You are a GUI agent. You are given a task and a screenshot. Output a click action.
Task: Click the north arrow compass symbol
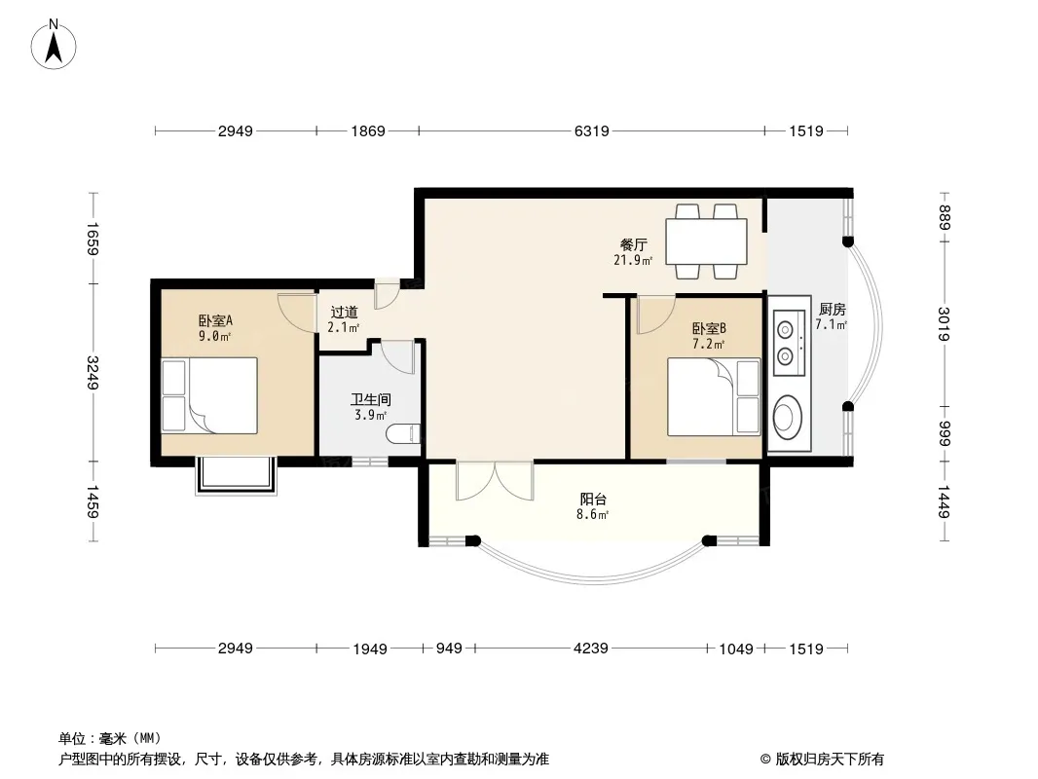click(x=54, y=45)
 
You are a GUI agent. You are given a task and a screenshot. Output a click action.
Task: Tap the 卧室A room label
click(x=215, y=321)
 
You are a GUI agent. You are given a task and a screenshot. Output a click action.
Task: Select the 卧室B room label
click(x=709, y=328)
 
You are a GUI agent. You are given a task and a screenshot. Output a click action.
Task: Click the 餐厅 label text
click(x=634, y=244)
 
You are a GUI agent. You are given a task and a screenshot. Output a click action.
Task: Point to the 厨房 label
click(x=833, y=309)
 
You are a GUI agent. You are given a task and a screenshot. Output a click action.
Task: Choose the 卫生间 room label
click(x=371, y=400)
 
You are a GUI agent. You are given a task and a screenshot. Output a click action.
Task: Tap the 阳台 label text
click(x=593, y=499)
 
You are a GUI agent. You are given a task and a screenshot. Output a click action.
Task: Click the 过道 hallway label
click(x=345, y=312)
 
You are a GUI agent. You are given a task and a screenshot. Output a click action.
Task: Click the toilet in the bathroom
click(x=403, y=433)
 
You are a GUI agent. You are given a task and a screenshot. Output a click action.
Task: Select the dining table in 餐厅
click(x=706, y=241)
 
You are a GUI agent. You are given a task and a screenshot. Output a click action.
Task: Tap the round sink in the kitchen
click(x=787, y=417)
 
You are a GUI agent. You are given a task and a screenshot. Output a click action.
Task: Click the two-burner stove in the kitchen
click(x=790, y=343)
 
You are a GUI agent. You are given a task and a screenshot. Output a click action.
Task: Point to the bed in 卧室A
click(x=209, y=395)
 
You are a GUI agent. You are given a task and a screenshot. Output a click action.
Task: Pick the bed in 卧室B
click(x=714, y=397)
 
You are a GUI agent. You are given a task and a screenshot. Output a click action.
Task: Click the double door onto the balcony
click(x=495, y=480)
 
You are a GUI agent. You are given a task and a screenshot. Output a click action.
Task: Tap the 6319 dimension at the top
click(x=591, y=131)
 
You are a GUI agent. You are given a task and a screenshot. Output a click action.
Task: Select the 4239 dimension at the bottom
click(x=590, y=648)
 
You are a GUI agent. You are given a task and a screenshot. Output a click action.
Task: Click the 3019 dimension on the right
click(x=944, y=324)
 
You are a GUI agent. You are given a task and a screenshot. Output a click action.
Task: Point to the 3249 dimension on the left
click(x=93, y=373)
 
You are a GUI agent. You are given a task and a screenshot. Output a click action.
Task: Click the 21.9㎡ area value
click(x=633, y=260)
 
